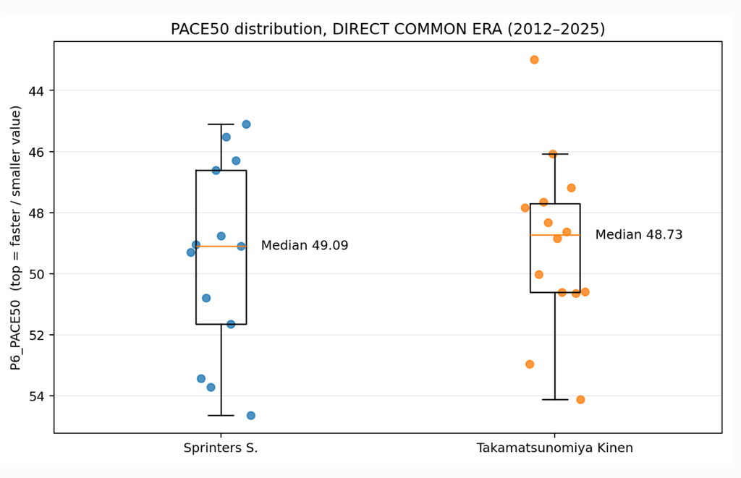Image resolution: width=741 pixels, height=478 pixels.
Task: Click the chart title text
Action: (388, 29)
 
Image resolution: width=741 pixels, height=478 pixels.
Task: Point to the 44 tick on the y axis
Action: (35, 90)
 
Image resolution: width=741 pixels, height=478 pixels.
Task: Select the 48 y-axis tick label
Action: (35, 213)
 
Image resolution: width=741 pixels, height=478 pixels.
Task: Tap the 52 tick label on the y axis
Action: (35, 336)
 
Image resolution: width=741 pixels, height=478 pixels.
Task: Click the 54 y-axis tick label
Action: (35, 396)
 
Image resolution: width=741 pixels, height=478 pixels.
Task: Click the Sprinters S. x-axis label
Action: (221, 448)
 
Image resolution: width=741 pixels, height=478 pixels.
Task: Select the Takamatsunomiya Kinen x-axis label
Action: (555, 448)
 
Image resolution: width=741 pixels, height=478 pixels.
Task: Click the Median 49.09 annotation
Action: (305, 246)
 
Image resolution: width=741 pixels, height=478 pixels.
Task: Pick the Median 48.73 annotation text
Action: (639, 235)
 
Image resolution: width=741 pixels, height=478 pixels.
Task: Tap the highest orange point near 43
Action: (534, 59)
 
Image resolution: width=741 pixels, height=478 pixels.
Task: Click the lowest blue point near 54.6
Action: (251, 416)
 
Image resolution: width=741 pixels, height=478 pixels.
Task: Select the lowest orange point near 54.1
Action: (580, 400)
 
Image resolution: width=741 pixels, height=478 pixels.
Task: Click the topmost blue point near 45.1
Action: (246, 124)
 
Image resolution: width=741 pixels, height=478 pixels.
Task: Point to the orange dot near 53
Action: (530, 364)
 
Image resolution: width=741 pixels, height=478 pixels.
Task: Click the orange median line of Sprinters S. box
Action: (221, 247)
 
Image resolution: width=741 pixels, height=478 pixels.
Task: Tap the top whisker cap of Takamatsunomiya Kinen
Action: (555, 154)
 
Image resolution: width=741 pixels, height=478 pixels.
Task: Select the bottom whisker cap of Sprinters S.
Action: (221, 416)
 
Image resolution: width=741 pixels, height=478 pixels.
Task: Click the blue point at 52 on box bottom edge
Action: (231, 324)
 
